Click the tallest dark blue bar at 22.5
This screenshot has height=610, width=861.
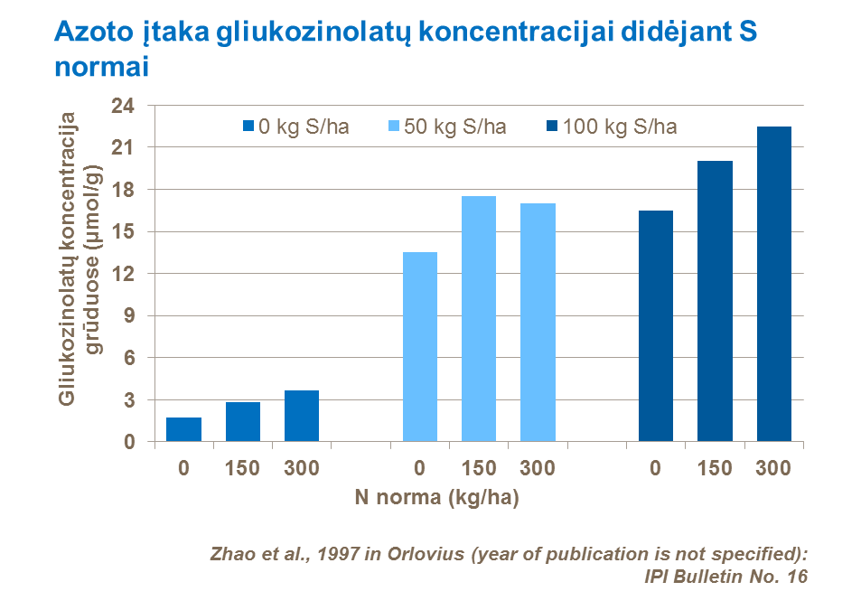(773, 284)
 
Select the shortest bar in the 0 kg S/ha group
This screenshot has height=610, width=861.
(183, 429)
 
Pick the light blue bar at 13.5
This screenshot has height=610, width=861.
(419, 347)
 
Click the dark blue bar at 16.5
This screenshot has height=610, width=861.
(655, 326)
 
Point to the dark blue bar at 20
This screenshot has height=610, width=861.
(714, 302)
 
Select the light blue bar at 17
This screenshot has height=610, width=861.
(538, 323)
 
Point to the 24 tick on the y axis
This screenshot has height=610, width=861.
(124, 106)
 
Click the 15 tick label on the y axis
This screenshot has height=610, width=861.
(124, 231)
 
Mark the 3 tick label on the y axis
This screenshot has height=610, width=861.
(129, 400)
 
